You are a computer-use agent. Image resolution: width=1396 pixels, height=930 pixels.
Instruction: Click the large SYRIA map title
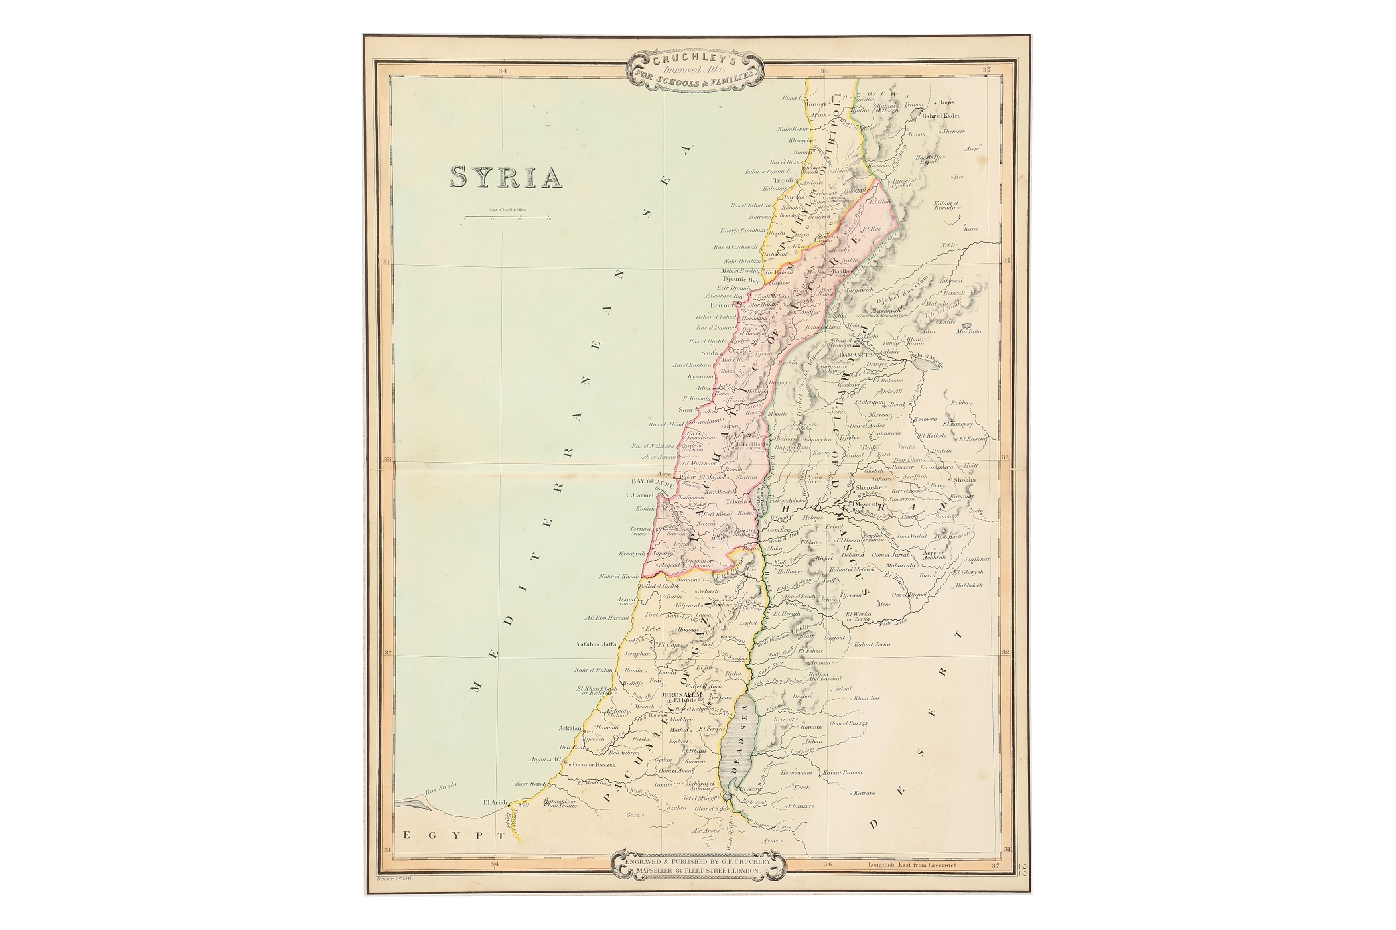[x=506, y=177]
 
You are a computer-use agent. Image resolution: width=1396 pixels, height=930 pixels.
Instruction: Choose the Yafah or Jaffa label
[x=596, y=644]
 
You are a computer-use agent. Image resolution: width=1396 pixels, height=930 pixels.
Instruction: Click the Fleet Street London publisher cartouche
[x=698, y=866]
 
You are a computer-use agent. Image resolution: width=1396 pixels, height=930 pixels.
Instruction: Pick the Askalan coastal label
[x=570, y=728]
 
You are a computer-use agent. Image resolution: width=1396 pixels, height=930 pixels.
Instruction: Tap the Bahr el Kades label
[x=941, y=116]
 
